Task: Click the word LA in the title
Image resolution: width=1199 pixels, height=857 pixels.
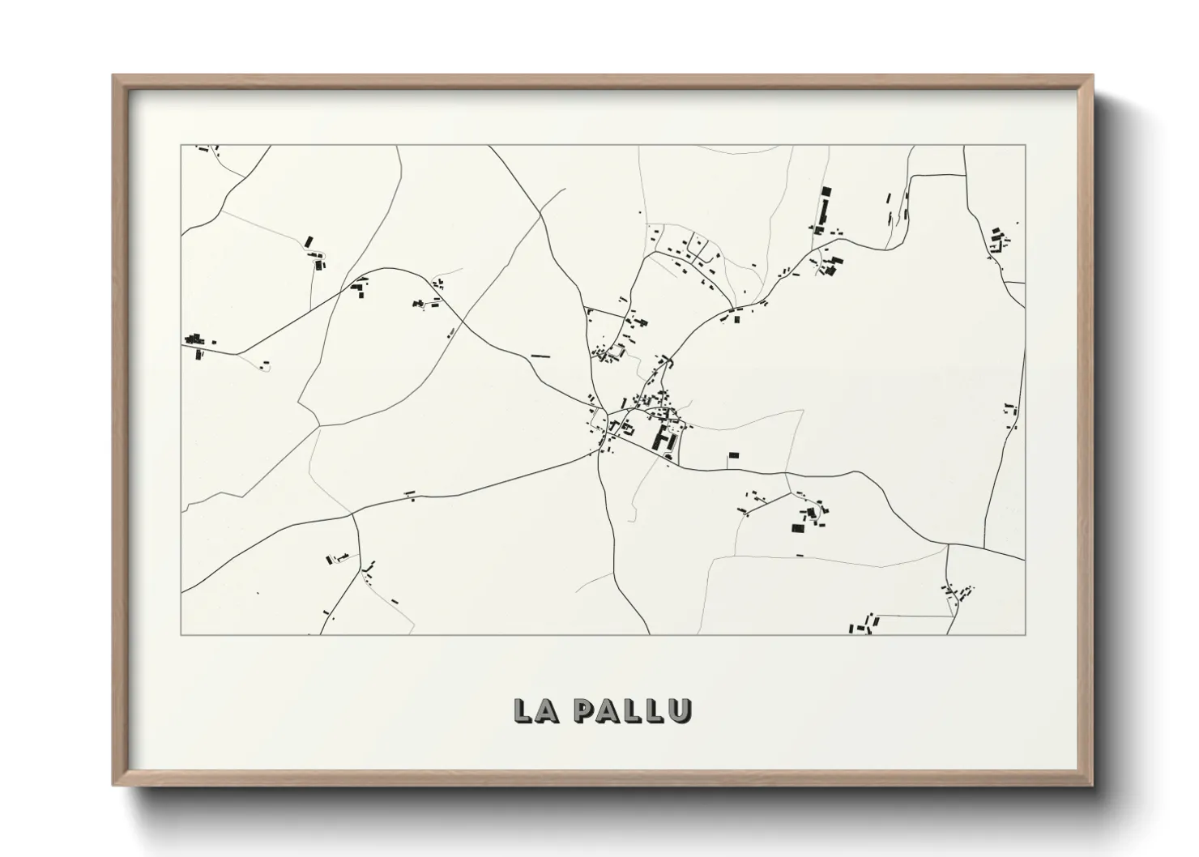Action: click(535, 710)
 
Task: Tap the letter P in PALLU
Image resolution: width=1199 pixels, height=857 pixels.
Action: click(582, 710)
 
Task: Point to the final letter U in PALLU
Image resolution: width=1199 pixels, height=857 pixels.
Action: click(681, 710)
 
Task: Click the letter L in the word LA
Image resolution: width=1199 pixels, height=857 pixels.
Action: click(523, 710)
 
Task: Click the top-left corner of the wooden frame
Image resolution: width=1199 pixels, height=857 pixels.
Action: click(113, 76)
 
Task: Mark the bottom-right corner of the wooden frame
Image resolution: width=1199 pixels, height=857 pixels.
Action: click(1092, 784)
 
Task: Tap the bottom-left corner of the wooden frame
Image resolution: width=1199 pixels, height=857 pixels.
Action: click(113, 784)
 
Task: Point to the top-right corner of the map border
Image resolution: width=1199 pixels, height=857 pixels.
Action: click(1026, 145)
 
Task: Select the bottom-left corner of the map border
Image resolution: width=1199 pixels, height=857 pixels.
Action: click(181, 634)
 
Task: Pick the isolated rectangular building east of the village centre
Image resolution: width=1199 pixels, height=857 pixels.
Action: click(734, 457)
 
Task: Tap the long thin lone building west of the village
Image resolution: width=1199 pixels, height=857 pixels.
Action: click(540, 356)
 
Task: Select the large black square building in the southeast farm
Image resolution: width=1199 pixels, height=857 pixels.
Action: click(798, 528)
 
